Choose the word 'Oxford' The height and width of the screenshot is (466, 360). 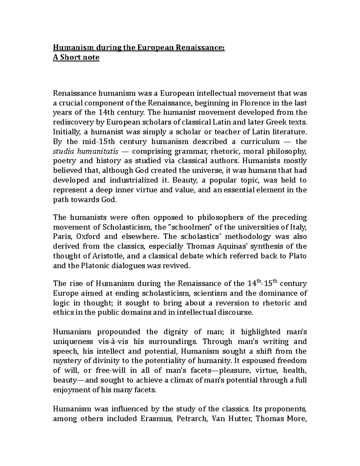click(88, 236)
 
